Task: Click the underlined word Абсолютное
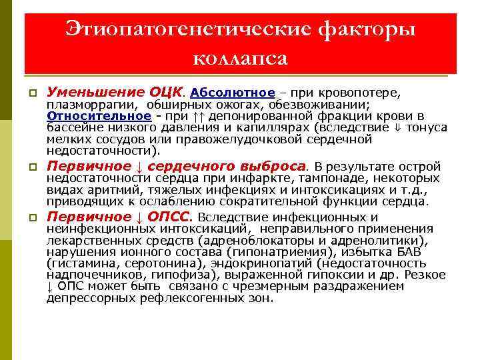coord(233,92)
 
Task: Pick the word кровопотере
coord(365,92)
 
